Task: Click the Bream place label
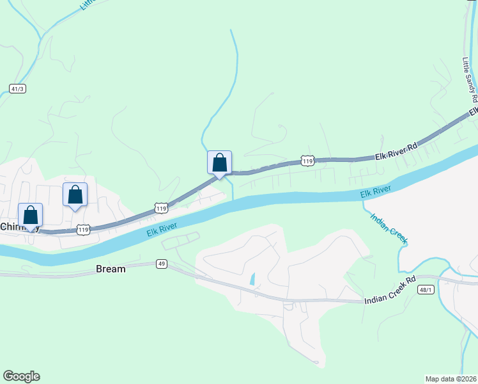pos(111,269)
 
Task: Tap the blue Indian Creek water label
pos(389,227)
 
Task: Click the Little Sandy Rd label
pos(470,79)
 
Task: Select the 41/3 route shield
pos(17,88)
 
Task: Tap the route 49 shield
pos(161,264)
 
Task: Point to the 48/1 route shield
pos(427,290)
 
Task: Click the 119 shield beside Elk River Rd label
pos(308,162)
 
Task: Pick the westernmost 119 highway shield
pos(82,228)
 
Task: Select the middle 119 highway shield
pos(161,208)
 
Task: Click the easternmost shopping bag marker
pos(219,163)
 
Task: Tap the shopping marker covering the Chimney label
pos(30,216)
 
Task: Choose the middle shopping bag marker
pos(75,195)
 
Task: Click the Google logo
pos(21,376)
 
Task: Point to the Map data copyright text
pos(451,378)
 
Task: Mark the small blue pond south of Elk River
pos(253,279)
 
